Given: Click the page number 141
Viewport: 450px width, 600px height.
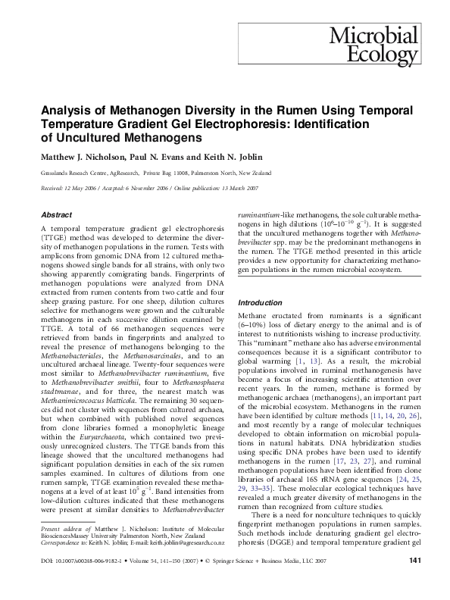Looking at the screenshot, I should [414, 582].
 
